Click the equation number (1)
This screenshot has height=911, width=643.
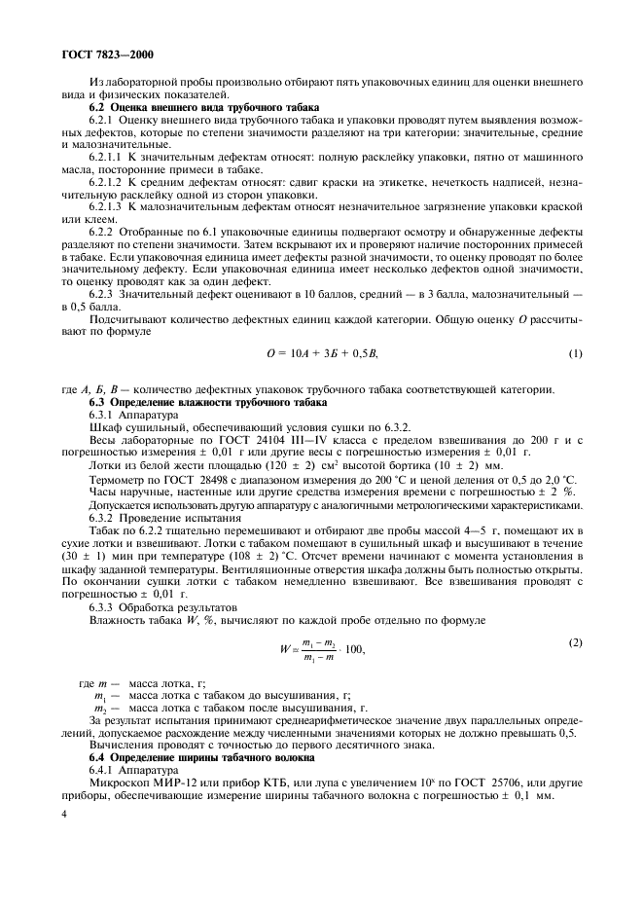(575, 352)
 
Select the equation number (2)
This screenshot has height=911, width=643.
(575, 643)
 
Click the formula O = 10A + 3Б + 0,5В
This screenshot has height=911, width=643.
(320, 352)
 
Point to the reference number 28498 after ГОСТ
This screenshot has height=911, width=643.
(225, 479)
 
